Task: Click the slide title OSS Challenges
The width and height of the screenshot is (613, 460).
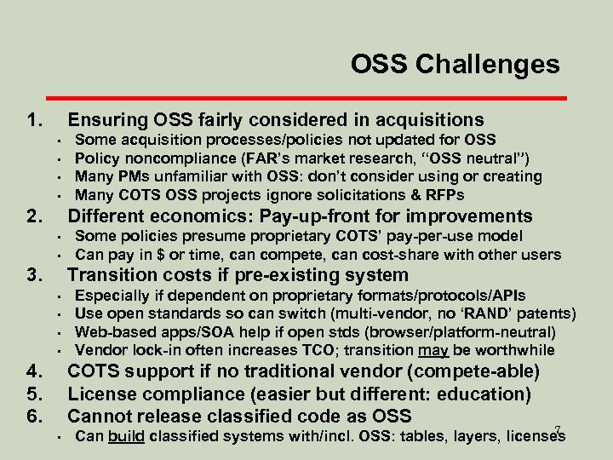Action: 455,64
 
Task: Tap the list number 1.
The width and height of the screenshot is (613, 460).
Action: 35,120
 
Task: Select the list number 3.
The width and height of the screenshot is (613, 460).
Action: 35,275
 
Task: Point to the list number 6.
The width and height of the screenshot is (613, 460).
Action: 35,416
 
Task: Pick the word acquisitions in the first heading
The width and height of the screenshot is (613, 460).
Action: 423,120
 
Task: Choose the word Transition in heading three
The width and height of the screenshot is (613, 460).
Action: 112,275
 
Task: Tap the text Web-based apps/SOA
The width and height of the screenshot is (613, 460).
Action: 151,332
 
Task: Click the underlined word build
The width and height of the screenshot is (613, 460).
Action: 125,438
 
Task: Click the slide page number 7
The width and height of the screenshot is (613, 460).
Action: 557,430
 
